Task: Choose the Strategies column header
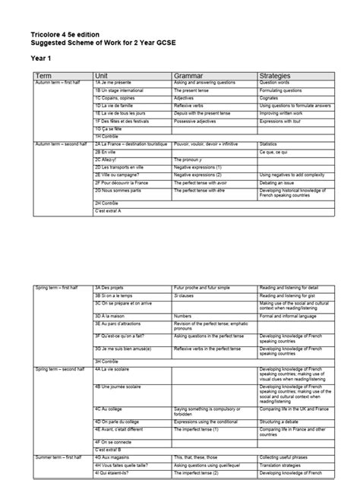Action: click(x=276, y=76)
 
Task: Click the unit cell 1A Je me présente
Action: click(x=115, y=83)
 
